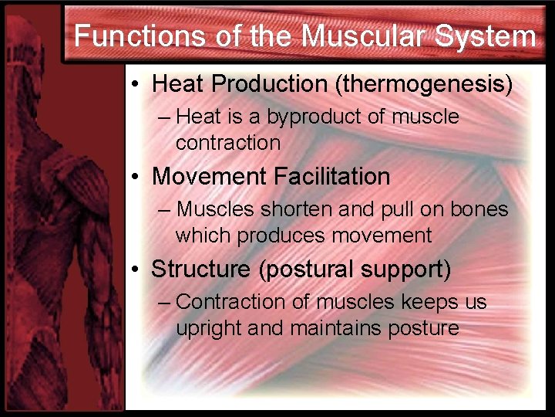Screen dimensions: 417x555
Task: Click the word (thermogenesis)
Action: pyautogui.click(x=423, y=83)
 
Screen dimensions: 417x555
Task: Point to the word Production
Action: pyautogui.click(x=271, y=83)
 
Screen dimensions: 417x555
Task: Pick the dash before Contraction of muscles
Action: pyautogui.click(x=163, y=303)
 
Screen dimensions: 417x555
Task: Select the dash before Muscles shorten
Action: pyautogui.click(x=163, y=210)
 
